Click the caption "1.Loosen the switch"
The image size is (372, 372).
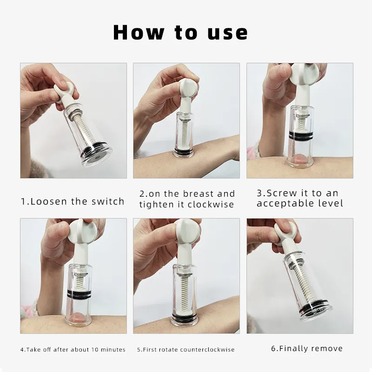[73, 201]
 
